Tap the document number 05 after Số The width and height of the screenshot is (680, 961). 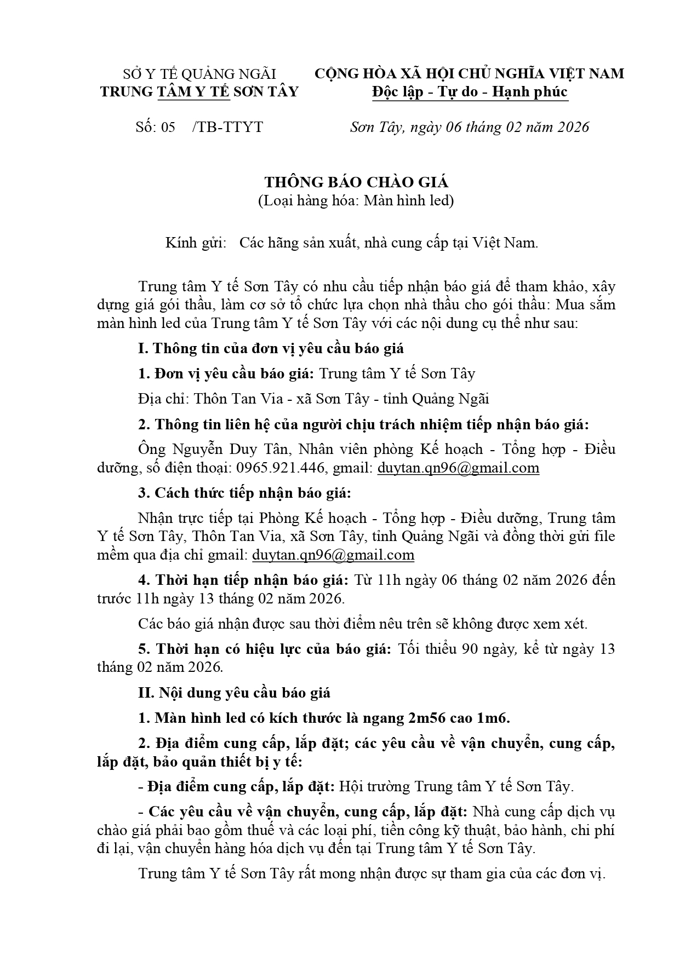(x=168, y=127)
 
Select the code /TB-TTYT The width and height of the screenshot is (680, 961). (x=228, y=127)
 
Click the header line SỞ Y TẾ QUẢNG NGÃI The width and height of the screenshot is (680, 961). (x=199, y=74)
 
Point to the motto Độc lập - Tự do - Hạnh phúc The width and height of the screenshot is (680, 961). (x=470, y=91)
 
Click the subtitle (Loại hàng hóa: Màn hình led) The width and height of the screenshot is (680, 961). (x=356, y=201)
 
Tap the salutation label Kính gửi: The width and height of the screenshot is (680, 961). (x=196, y=243)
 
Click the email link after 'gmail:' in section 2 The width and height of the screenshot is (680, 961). (x=458, y=468)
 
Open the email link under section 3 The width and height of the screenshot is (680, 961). (x=333, y=555)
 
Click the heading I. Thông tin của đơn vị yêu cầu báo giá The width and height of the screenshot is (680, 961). (x=271, y=348)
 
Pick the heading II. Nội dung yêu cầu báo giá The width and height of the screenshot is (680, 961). (x=234, y=693)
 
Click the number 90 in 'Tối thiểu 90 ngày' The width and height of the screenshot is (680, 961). (x=471, y=649)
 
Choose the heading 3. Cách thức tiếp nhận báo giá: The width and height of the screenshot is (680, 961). (x=244, y=493)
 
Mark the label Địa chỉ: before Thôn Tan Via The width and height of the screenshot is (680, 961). (x=164, y=399)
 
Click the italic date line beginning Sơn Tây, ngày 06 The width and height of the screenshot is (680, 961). (x=470, y=127)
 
